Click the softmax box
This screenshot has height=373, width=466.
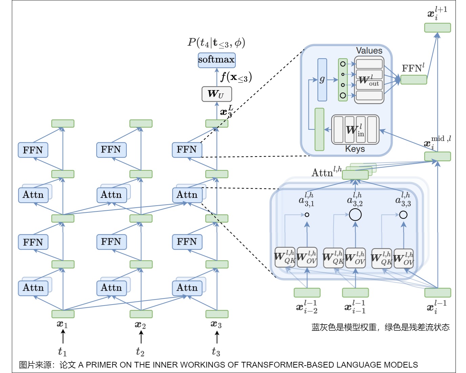pyautogui.click(x=216, y=60)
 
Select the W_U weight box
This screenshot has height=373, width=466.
pyautogui.click(x=217, y=94)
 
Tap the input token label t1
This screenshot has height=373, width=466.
pyautogui.click(x=62, y=352)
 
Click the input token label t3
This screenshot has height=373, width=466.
pyautogui.click(x=216, y=352)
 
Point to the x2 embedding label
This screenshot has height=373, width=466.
pyautogui.click(x=140, y=325)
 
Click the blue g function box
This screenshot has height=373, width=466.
pyautogui.click(x=322, y=80)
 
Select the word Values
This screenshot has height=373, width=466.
pyautogui.click(x=369, y=50)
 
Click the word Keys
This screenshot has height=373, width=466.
pyautogui.click(x=355, y=149)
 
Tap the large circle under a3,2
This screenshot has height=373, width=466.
pyautogui.click(x=355, y=214)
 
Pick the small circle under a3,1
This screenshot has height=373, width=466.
pyautogui.click(x=307, y=214)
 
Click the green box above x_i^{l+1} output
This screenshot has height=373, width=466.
pyautogui.click(x=438, y=28)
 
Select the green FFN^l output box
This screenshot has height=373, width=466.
pyautogui.click(x=414, y=80)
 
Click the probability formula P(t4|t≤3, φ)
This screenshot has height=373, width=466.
pyautogui.click(x=216, y=43)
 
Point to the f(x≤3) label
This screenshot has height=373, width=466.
pyautogui.click(x=236, y=77)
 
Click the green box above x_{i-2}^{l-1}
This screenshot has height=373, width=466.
pyautogui.click(x=307, y=292)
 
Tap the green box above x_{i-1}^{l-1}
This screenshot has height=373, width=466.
pyautogui.click(x=355, y=292)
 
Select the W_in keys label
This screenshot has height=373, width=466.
pyautogui.click(x=355, y=130)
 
